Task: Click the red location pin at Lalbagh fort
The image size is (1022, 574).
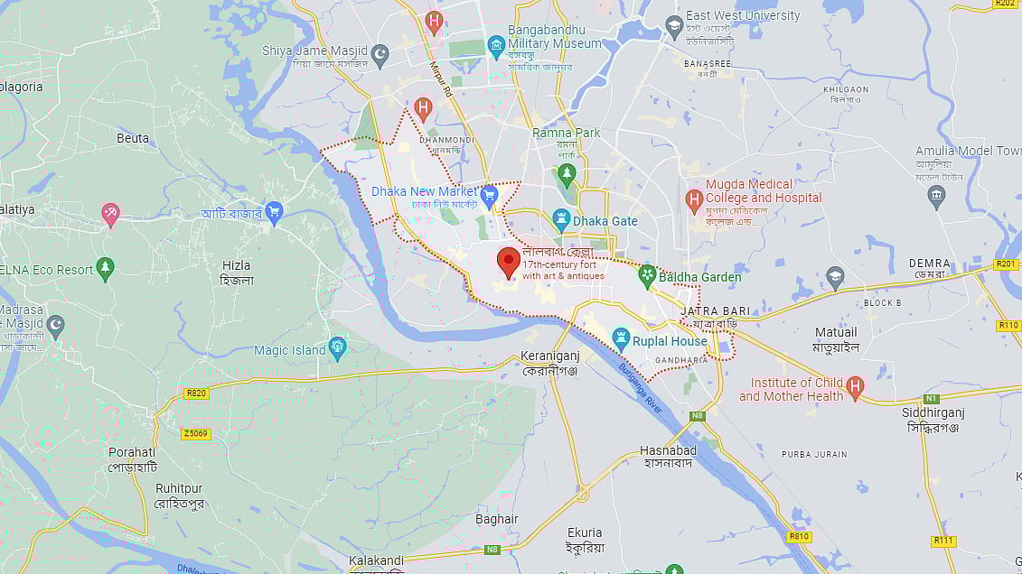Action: click(509, 263)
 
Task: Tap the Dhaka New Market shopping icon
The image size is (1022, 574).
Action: click(490, 194)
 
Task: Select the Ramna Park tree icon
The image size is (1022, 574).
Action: click(567, 172)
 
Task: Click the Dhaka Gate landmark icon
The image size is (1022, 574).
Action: click(561, 220)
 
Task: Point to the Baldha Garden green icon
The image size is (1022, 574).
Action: click(647, 276)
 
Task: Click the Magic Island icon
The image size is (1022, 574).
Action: click(338, 348)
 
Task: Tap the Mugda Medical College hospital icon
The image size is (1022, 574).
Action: click(694, 197)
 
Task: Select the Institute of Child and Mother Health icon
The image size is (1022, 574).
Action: click(855, 388)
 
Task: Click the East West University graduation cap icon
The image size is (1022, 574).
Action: click(674, 26)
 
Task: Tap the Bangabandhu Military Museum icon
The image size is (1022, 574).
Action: click(495, 44)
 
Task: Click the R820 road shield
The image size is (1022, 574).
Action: click(195, 393)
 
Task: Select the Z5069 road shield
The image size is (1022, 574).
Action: click(195, 434)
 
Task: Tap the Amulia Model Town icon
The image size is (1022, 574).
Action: click(936, 197)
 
